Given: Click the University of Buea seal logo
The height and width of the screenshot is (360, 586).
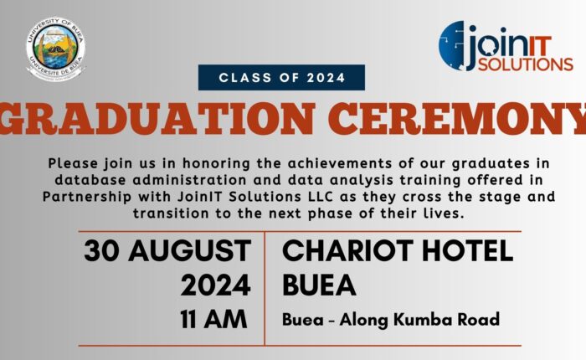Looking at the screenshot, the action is pos(56,49).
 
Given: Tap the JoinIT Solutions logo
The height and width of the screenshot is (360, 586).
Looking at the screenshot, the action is pos(506,46).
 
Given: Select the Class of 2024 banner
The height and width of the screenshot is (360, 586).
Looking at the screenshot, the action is pos(281,77).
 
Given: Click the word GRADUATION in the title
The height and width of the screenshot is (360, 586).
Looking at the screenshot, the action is pos(157,118).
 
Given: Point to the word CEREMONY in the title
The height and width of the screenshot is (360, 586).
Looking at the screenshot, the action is pos(457,118).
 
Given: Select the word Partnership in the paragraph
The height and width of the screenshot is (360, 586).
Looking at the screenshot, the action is pos(87,197).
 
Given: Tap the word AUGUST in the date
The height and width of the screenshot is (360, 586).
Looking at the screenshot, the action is pos(189,251).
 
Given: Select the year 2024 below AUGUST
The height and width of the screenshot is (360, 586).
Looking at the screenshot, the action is pos(216,285).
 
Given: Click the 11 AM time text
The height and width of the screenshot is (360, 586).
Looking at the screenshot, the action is pos(213,319).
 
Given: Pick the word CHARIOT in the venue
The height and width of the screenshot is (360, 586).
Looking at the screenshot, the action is pos(347,250).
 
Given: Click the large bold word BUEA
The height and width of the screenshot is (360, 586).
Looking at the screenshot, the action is pos(319,285).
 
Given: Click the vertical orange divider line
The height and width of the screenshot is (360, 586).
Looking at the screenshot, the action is pos(265,288).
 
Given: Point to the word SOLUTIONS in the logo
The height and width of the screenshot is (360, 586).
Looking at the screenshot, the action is pos(526,64).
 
